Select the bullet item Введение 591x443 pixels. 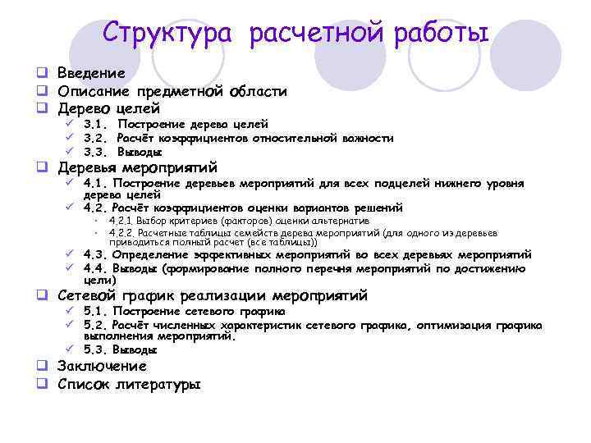[91, 73]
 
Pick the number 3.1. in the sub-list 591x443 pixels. [97, 124]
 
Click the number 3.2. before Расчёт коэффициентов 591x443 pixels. [97, 138]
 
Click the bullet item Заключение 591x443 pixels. [102, 366]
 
